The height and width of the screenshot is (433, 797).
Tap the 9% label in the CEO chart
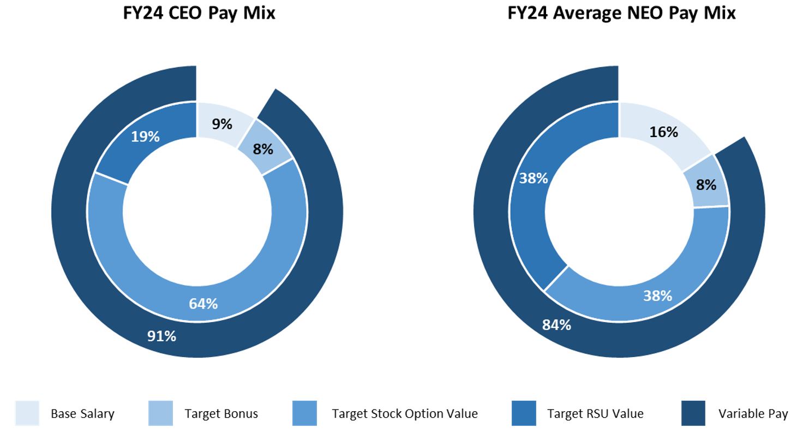[222, 124]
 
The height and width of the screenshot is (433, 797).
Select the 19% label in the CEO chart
[145, 137]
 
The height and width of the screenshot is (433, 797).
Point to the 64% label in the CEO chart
[203, 304]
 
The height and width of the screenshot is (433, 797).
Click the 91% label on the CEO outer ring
[161, 336]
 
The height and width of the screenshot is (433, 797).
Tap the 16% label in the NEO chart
[663, 132]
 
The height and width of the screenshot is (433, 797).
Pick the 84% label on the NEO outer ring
[556, 325]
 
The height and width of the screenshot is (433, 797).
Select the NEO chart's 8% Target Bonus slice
[706, 185]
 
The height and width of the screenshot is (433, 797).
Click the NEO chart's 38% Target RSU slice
[534, 179]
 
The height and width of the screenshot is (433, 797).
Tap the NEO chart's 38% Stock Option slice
[657, 296]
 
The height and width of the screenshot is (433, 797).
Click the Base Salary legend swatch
[27, 413]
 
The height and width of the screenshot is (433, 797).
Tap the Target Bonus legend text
[221, 414]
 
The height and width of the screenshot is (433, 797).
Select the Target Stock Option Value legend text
[404, 414]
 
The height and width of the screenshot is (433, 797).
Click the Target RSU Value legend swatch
[524, 413]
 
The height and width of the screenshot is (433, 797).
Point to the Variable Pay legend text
[753, 414]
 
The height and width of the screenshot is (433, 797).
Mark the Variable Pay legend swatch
[693, 413]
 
